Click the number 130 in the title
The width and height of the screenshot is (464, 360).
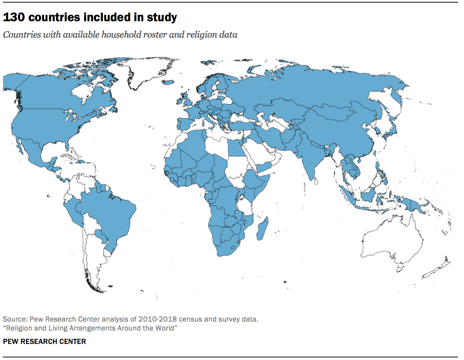[x=14, y=17]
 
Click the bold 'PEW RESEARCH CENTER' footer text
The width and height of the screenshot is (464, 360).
[x=44, y=341]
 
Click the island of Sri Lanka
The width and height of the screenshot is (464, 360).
[x=316, y=181]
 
